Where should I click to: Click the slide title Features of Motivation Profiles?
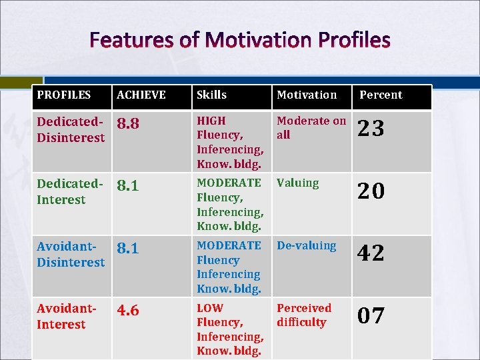[x=240, y=41]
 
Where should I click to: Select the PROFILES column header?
[x=63, y=95]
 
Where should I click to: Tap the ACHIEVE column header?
[x=141, y=95]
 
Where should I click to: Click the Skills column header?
[x=211, y=95]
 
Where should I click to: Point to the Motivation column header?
[x=307, y=95]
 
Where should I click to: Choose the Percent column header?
[x=381, y=95]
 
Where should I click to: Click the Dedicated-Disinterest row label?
[x=71, y=129]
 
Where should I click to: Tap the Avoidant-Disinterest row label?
[x=71, y=254]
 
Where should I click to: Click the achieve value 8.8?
[x=128, y=124]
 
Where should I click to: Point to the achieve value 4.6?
[x=128, y=311]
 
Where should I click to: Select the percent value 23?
[x=371, y=128]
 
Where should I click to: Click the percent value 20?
[x=371, y=191]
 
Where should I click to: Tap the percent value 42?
[x=371, y=253]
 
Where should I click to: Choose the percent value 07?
[x=371, y=315]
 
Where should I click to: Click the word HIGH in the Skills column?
[x=211, y=121]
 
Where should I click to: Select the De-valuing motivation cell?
[x=306, y=245]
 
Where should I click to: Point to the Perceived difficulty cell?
[x=303, y=315]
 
